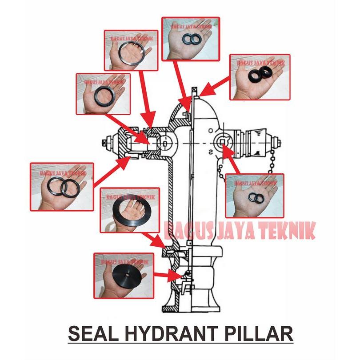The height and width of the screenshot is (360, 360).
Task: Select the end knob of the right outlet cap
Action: click(x=279, y=143)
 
